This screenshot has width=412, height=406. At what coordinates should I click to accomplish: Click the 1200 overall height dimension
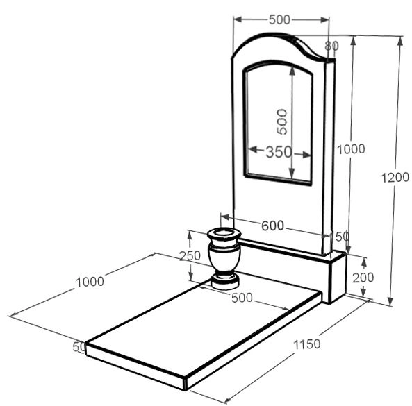click(395, 178)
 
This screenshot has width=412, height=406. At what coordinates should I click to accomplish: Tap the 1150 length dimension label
click(306, 344)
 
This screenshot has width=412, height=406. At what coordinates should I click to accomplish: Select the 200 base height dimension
click(363, 278)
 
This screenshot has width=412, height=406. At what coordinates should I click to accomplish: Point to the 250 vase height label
click(190, 255)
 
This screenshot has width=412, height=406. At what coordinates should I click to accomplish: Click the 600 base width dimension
click(273, 226)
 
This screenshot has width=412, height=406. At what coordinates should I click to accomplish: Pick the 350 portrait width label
click(279, 152)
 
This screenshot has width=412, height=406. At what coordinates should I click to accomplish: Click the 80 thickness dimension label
click(331, 46)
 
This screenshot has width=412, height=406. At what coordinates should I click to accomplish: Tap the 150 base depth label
click(340, 237)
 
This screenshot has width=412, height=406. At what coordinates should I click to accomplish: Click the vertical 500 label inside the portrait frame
click(282, 121)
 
